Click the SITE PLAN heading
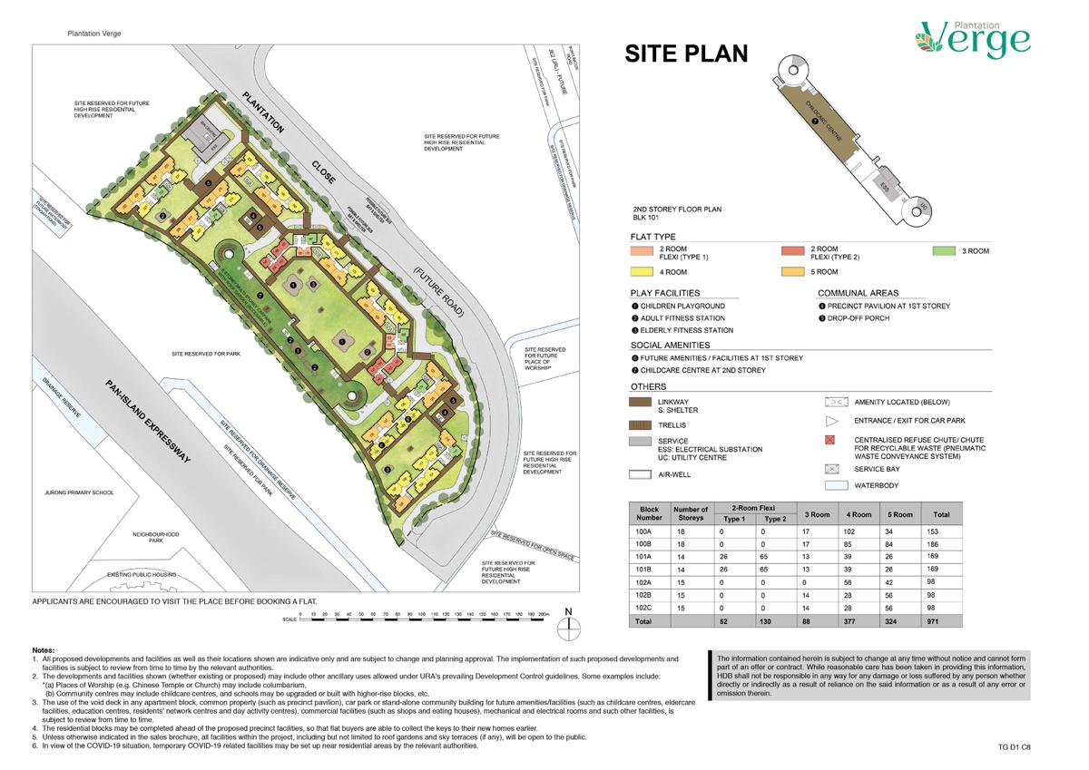pos(686,54)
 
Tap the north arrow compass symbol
pos(569,619)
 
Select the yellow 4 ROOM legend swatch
pos(642,271)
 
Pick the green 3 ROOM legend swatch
pos(945,250)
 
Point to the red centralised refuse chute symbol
pos(829,440)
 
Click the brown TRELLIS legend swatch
pos(642,424)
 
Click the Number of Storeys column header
pos(691,514)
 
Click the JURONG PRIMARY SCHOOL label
pos(79,492)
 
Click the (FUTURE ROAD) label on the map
pos(438,291)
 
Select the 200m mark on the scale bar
pos(544,614)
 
